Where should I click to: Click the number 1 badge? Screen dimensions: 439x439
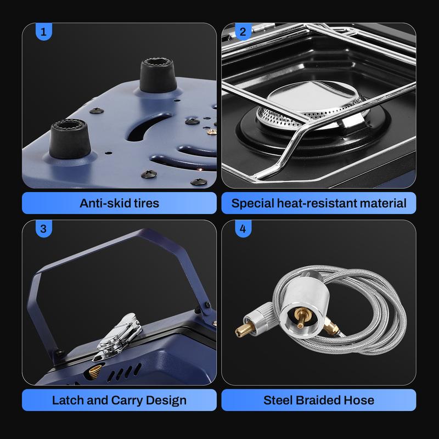(44, 32)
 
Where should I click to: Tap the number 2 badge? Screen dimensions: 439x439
(243, 32)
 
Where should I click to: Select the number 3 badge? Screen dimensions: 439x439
(44, 229)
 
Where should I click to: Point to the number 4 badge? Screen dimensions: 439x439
(243, 229)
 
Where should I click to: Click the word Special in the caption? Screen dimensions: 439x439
(252, 204)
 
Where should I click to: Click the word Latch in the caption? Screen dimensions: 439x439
(68, 401)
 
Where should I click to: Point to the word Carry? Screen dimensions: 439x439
(127, 401)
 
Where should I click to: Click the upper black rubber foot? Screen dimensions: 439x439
(158, 75)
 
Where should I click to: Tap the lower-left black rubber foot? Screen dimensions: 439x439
(70, 139)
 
